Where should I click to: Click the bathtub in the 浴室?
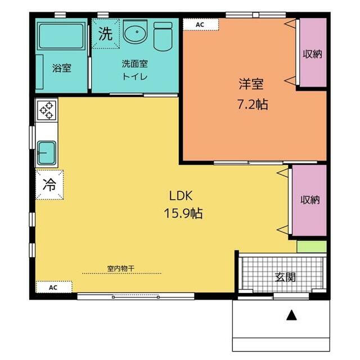tap(61, 35)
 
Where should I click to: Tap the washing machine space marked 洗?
tap(106, 34)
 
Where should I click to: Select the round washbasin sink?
tap(135, 31)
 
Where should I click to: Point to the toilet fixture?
tap(163, 36)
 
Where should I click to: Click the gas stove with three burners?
tap(46, 110)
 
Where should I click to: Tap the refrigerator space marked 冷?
tap(49, 184)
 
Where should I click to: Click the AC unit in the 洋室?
tap(201, 25)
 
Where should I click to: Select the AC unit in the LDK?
tap(54, 287)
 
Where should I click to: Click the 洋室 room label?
tap(251, 84)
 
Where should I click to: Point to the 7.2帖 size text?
tap(253, 104)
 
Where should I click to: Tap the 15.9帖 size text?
tap(183, 213)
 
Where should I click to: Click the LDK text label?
tap(181, 196)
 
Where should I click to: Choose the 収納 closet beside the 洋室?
tap(313, 52)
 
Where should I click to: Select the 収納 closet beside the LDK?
tap(310, 200)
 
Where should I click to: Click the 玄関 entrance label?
tap(285, 277)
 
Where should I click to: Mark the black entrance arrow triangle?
tap(291, 315)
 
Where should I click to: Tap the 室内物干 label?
tap(121, 268)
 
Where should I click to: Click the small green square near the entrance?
tap(312, 246)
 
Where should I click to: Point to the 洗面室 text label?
tap(135, 64)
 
